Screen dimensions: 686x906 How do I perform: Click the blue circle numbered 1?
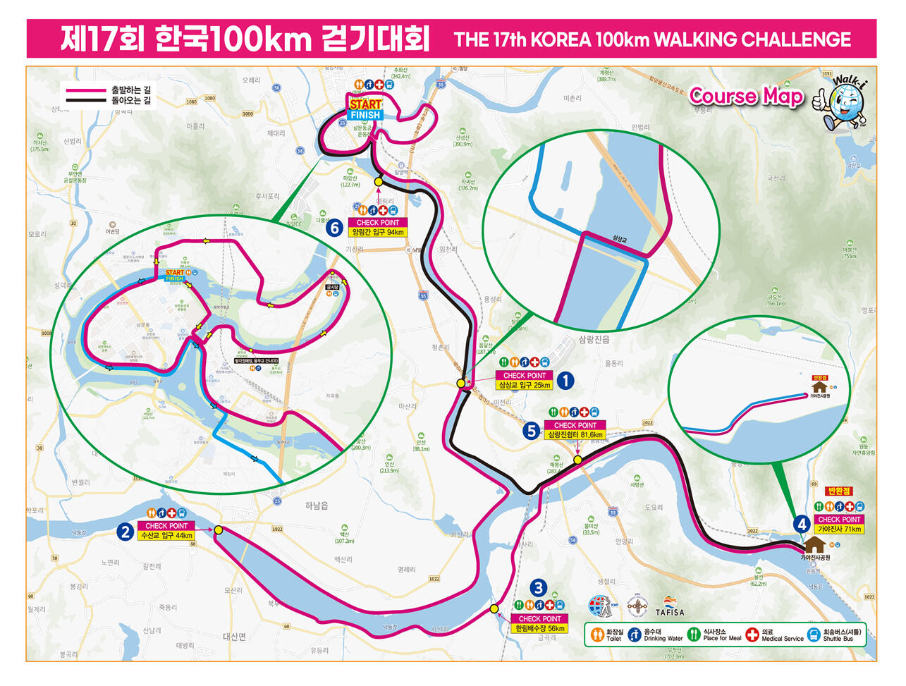[x=565, y=381]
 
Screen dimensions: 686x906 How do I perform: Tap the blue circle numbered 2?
[x=126, y=532]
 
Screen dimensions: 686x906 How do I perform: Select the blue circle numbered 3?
[x=539, y=588]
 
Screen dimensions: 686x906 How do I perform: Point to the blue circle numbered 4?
[x=801, y=524]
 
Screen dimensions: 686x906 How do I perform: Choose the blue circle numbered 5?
[x=532, y=430]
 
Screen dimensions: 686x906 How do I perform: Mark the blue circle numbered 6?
[x=335, y=228]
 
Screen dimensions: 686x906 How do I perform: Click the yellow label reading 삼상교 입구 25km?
[x=525, y=386]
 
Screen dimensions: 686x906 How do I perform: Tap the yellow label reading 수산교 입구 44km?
[x=167, y=536]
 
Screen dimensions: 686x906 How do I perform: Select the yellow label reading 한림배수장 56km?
[x=540, y=628]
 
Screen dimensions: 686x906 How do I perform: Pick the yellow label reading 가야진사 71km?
[x=839, y=529]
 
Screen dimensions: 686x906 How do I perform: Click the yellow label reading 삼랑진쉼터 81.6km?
[x=576, y=435]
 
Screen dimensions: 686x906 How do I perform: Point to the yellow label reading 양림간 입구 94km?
[x=378, y=232]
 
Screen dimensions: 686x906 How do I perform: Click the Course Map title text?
[x=746, y=96]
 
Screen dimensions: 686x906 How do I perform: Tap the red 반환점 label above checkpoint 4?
[x=839, y=491]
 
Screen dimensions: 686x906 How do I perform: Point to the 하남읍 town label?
[x=317, y=506]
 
